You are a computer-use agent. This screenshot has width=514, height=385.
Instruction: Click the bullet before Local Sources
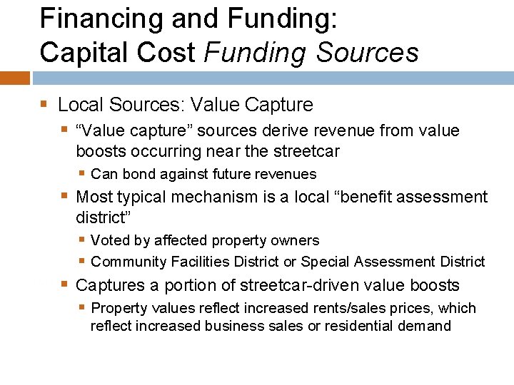[x=44, y=105]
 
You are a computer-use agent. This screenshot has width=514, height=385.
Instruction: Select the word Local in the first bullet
[x=79, y=106]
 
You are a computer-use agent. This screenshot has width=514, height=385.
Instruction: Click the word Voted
[x=111, y=240]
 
